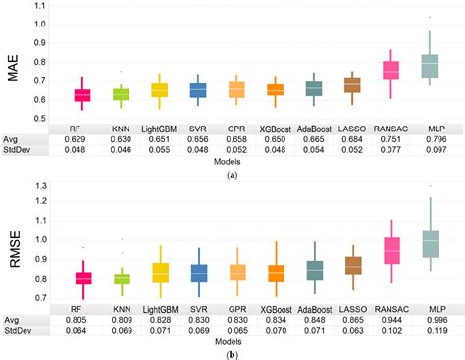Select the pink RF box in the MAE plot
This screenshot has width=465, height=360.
(81, 94)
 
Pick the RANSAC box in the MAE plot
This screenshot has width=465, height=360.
(390, 71)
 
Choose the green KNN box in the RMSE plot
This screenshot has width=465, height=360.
(121, 279)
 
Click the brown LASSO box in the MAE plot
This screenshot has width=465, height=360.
(351, 85)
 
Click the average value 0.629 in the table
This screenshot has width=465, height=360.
(81, 139)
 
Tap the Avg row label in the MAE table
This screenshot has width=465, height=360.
(13, 139)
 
